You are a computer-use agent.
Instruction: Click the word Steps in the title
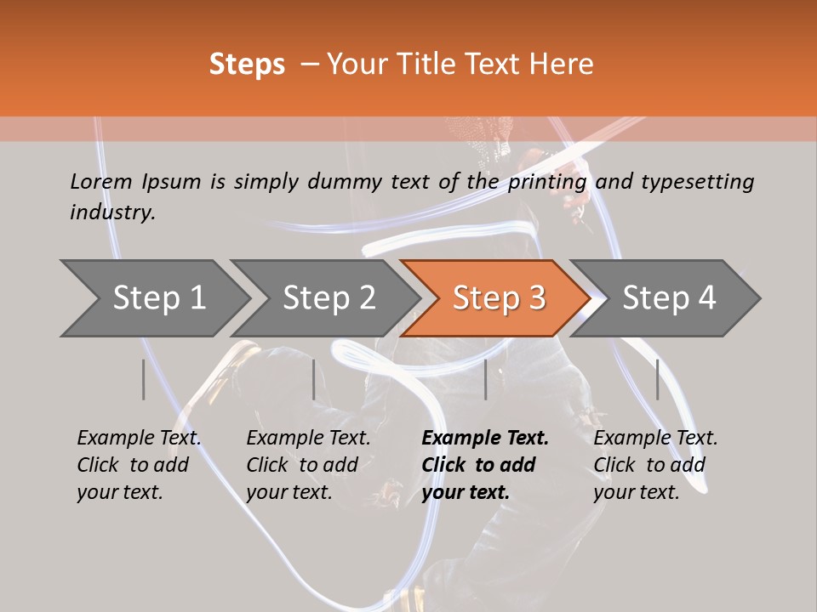pos(247,65)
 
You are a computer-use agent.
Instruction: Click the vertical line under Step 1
pos(144,379)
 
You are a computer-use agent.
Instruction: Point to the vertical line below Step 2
pos(314,379)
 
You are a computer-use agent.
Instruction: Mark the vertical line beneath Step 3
pos(486,379)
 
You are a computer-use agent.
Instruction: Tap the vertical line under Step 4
pos(657,379)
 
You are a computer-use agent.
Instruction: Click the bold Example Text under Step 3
pos(485,439)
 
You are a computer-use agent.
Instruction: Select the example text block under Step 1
pos(139,465)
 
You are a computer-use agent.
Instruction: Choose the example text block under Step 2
pos(308,465)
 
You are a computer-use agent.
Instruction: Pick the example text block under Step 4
pos(655,465)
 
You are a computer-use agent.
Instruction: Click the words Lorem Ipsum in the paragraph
pos(135,182)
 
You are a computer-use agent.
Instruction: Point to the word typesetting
pos(697,182)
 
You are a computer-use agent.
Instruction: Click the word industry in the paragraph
pos(112,212)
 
